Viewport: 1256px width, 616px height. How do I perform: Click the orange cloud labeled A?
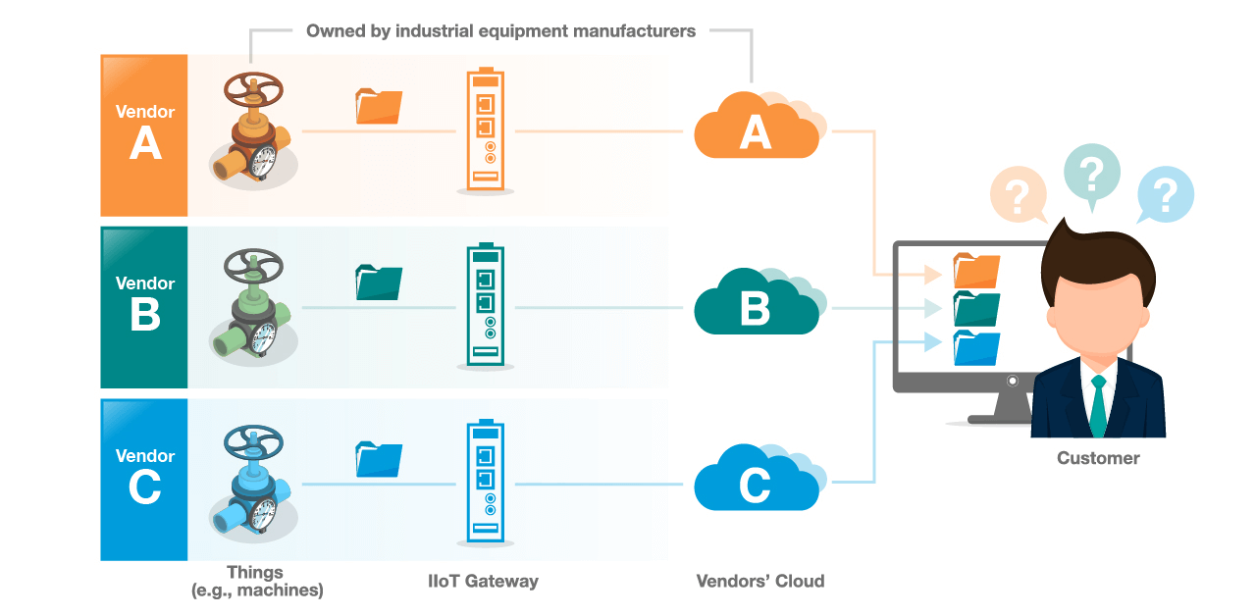point(756,129)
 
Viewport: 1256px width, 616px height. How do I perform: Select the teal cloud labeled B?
point(756,306)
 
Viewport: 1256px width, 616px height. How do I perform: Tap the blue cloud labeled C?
point(756,484)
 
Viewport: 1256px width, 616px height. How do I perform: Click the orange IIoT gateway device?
point(485,130)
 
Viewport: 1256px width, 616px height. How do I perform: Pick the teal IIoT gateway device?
point(485,306)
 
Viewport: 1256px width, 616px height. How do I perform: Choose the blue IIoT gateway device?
point(485,484)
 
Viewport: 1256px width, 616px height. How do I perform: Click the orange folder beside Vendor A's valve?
point(379,106)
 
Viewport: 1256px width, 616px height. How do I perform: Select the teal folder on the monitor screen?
point(976,308)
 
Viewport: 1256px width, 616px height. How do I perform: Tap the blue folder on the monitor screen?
point(976,347)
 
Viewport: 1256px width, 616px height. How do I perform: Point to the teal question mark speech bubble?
point(1091,173)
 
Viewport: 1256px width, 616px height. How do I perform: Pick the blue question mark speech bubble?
point(1165,194)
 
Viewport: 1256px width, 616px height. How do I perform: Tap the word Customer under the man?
point(1098,458)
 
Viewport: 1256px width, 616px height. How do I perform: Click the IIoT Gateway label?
point(485,581)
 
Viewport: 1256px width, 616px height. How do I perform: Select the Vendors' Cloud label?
point(759,581)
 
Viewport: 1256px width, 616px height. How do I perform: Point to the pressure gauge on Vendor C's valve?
point(262,511)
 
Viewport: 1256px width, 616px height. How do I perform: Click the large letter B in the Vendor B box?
point(144,316)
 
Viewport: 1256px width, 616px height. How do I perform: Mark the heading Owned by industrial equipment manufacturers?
point(500,30)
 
